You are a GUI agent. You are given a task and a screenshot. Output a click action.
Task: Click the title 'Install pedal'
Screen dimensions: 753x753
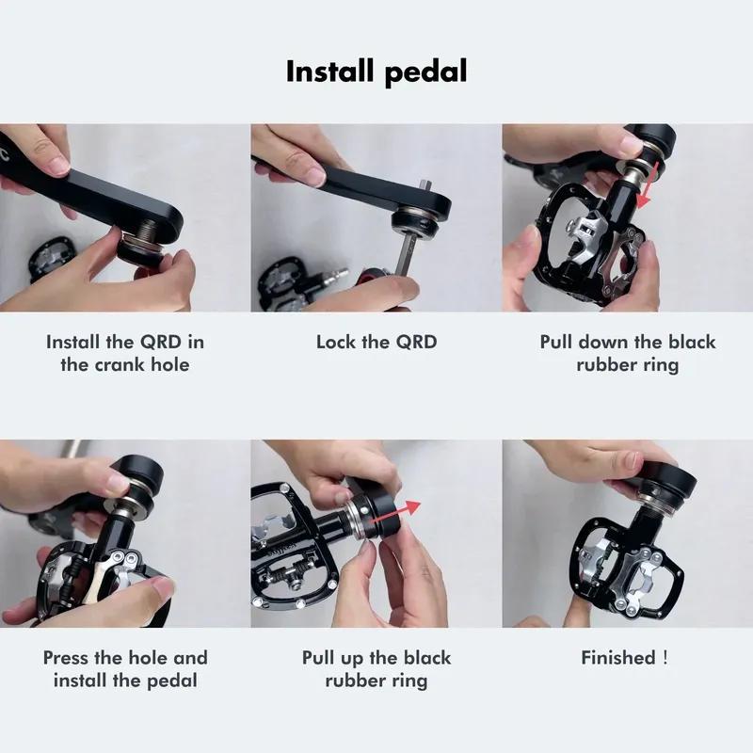[x=376, y=72]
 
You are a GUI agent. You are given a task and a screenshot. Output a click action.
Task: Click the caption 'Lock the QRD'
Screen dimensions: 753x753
[x=376, y=342]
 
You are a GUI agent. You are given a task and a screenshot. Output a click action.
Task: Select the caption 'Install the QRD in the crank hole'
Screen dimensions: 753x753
[x=125, y=353]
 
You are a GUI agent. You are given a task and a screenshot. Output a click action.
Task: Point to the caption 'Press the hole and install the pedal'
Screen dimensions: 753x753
[x=125, y=668]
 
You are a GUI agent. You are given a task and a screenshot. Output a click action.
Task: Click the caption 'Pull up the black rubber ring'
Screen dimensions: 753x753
[x=376, y=668]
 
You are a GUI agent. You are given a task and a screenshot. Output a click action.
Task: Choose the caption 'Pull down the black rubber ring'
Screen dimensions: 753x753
[x=628, y=353]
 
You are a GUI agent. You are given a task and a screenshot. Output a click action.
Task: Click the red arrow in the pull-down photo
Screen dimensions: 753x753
[x=643, y=193]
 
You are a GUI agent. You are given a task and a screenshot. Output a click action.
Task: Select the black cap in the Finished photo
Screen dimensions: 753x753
[x=670, y=480]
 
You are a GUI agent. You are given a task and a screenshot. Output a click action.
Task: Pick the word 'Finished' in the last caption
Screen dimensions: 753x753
[x=617, y=658]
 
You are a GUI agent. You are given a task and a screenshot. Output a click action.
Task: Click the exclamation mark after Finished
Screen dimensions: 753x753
[x=665, y=658]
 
